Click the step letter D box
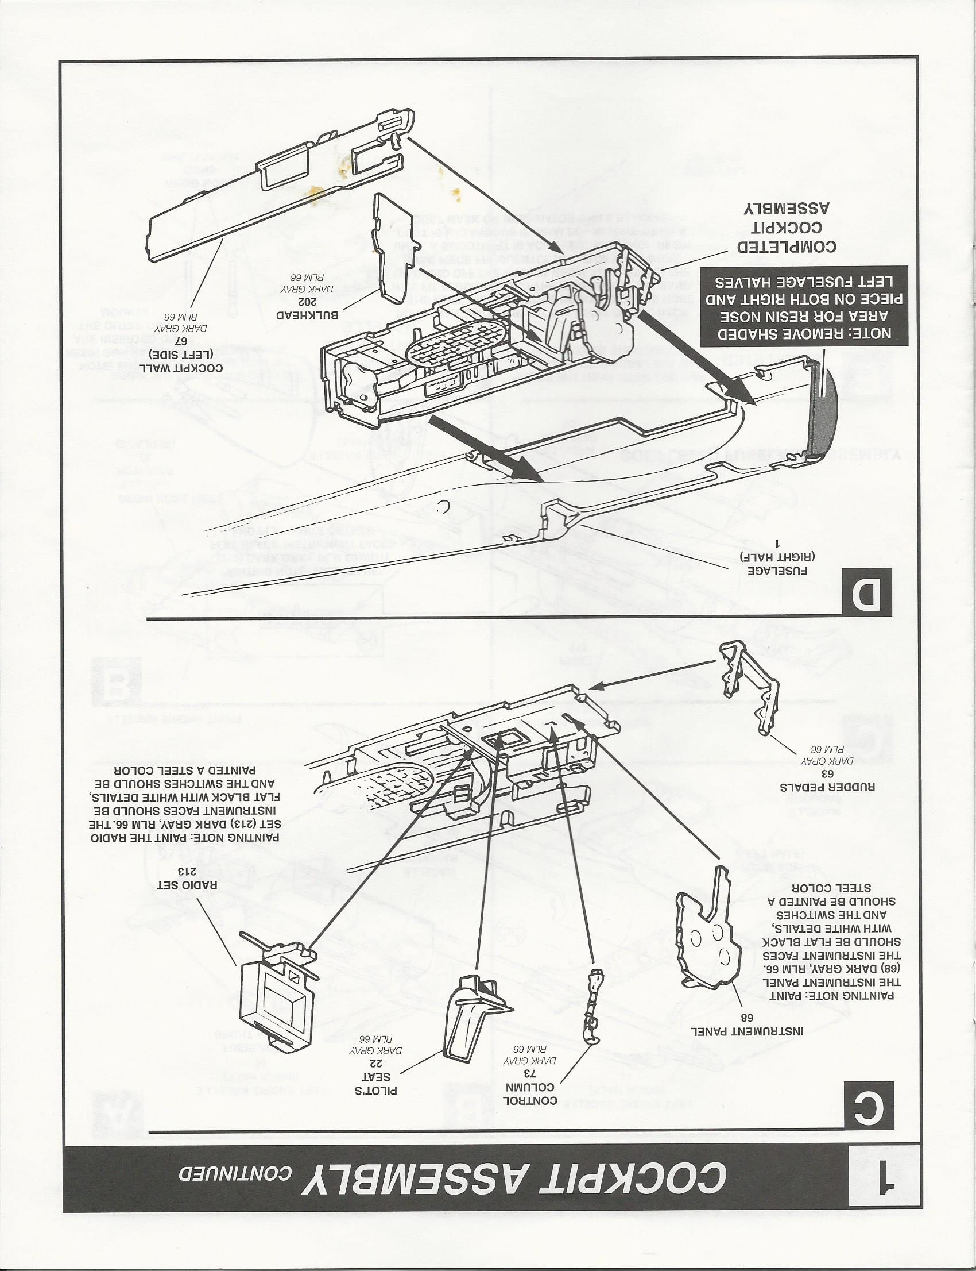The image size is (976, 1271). (866, 592)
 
